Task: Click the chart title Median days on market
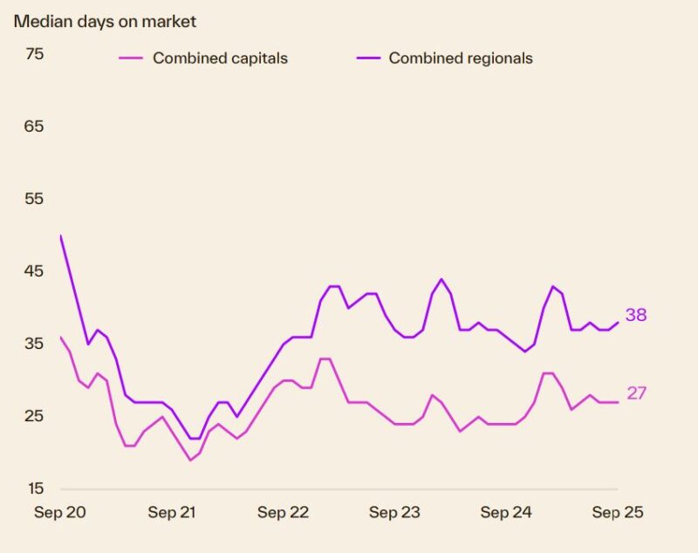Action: (x=105, y=21)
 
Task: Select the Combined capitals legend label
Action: (x=220, y=58)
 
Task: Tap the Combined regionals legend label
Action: (x=461, y=58)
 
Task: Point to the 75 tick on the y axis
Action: (x=34, y=54)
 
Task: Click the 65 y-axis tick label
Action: (x=34, y=126)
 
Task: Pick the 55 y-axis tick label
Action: (x=34, y=199)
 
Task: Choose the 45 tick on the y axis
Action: (x=34, y=271)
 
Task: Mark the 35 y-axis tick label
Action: (x=34, y=344)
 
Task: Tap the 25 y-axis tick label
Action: (x=34, y=416)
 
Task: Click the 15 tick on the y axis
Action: (x=34, y=488)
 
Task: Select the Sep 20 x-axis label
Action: (x=60, y=513)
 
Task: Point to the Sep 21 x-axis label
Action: (x=172, y=513)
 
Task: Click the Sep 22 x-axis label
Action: (x=284, y=513)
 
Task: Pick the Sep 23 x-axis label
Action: (x=395, y=513)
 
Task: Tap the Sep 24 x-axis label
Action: (x=507, y=513)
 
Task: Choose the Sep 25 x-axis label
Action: (x=618, y=513)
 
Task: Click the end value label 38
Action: (x=636, y=315)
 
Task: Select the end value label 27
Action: (x=636, y=393)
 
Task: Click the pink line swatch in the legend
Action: (x=131, y=58)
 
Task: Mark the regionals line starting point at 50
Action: (x=60, y=236)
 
